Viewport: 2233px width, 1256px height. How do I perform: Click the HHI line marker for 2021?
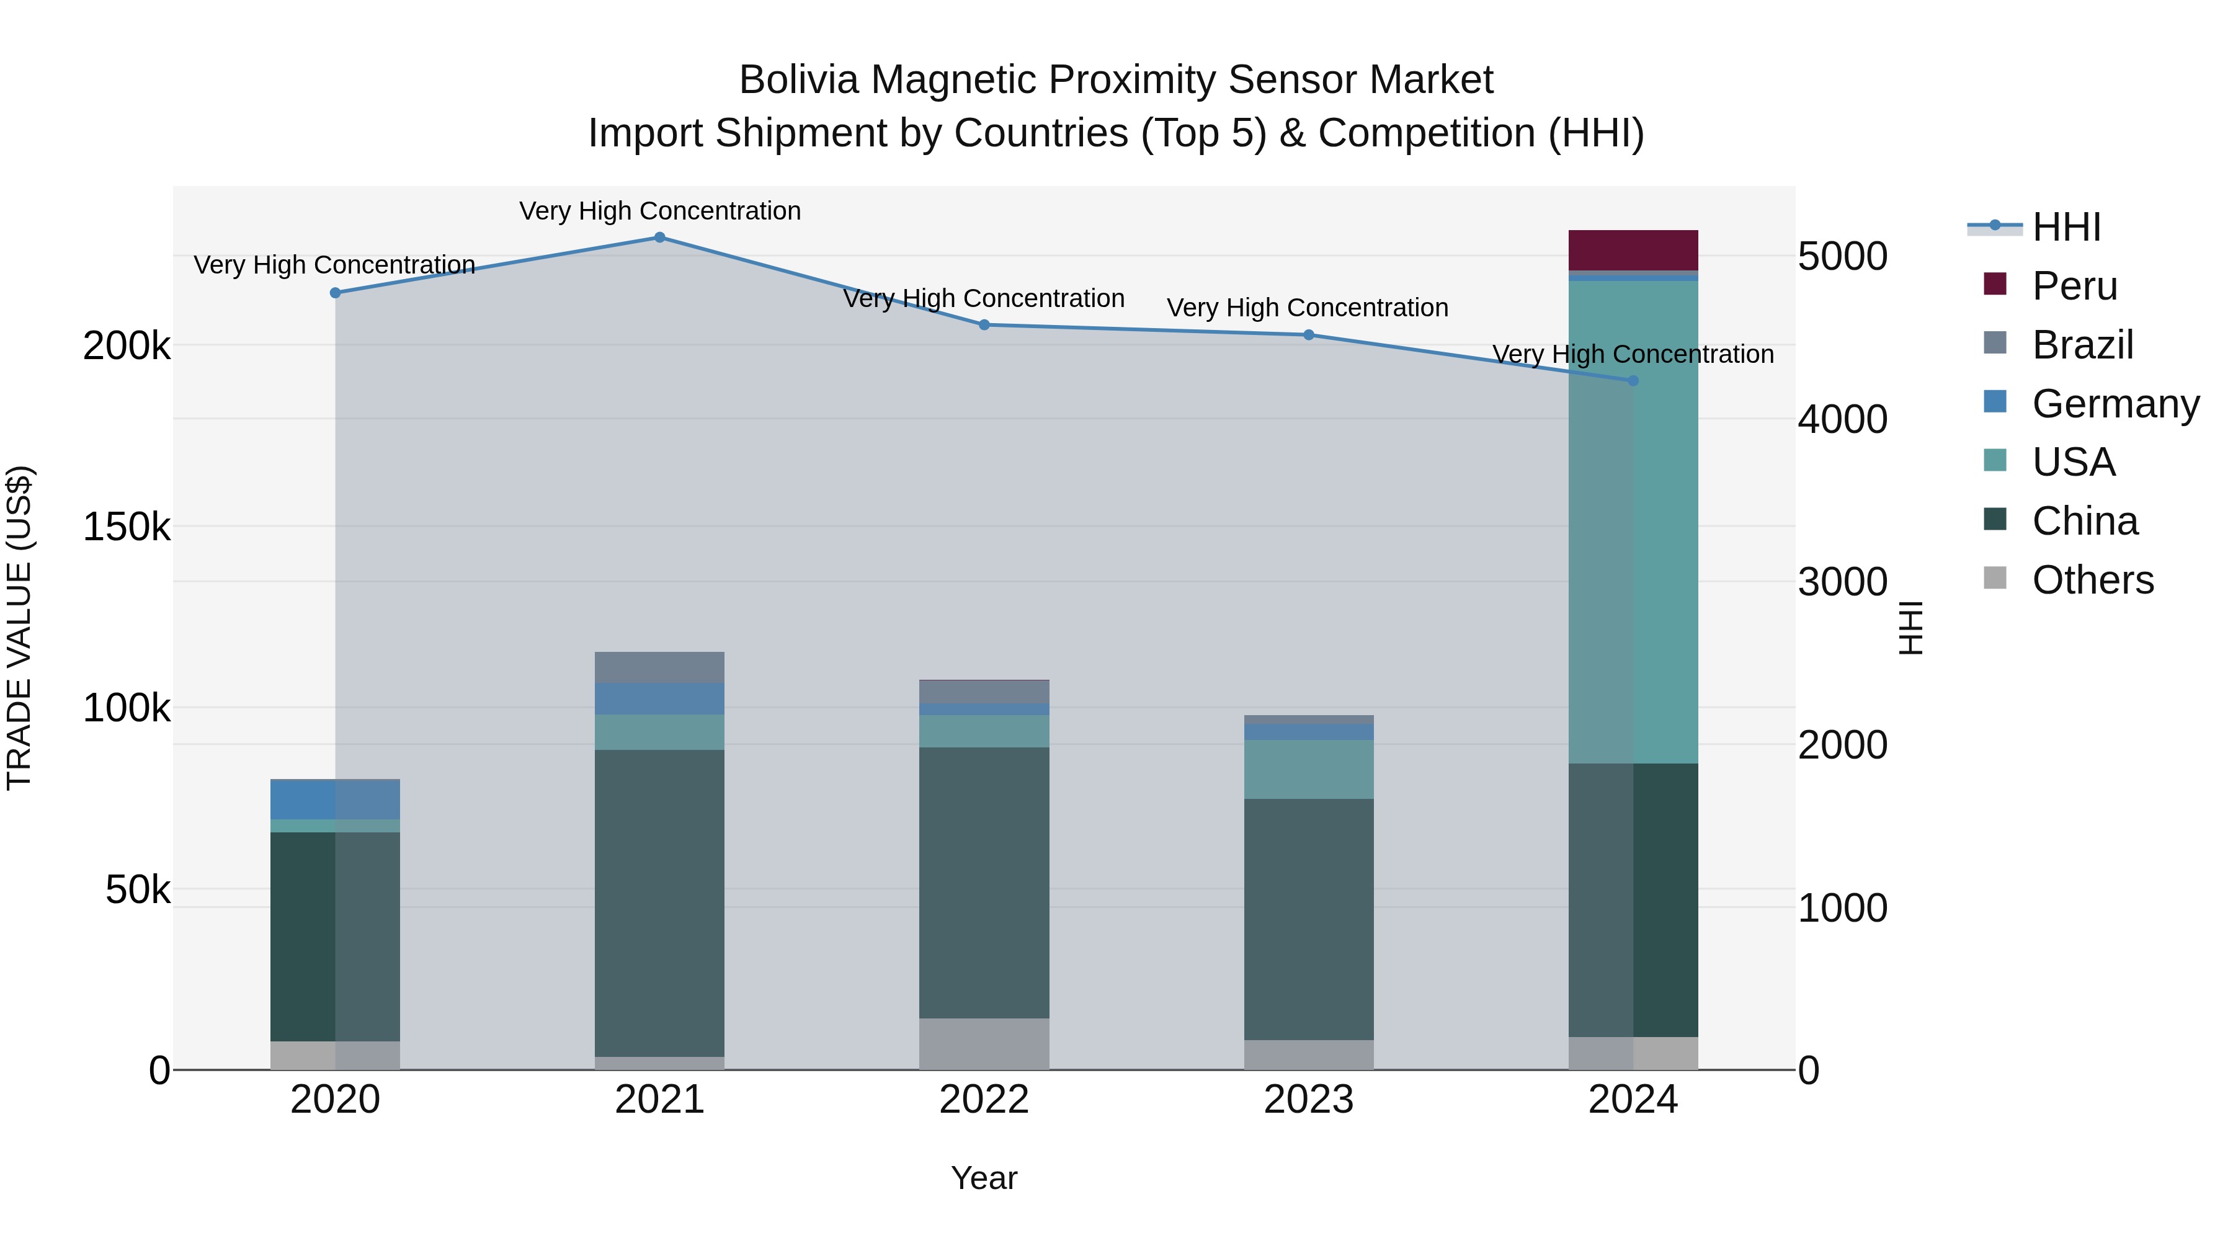(660, 238)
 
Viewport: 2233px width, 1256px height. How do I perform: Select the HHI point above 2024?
(1633, 381)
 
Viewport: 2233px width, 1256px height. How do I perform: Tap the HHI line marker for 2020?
(336, 293)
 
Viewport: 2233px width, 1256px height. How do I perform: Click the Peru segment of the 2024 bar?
(1633, 251)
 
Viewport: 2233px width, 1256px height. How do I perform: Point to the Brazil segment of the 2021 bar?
(660, 667)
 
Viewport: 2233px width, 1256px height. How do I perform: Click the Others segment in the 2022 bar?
(984, 1044)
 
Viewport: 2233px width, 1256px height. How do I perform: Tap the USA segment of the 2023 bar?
(1309, 769)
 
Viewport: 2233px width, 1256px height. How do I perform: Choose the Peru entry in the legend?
(2074, 286)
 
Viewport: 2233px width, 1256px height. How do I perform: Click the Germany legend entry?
(2115, 404)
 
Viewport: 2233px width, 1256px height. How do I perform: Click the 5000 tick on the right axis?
(1842, 257)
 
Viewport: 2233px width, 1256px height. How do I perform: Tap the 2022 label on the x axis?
(984, 1100)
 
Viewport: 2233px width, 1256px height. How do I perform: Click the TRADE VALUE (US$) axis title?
(19, 628)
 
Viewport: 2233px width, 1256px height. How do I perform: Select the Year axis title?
(984, 1178)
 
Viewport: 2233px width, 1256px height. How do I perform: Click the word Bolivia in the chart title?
(798, 80)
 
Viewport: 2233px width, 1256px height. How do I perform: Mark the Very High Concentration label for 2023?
(1307, 308)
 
